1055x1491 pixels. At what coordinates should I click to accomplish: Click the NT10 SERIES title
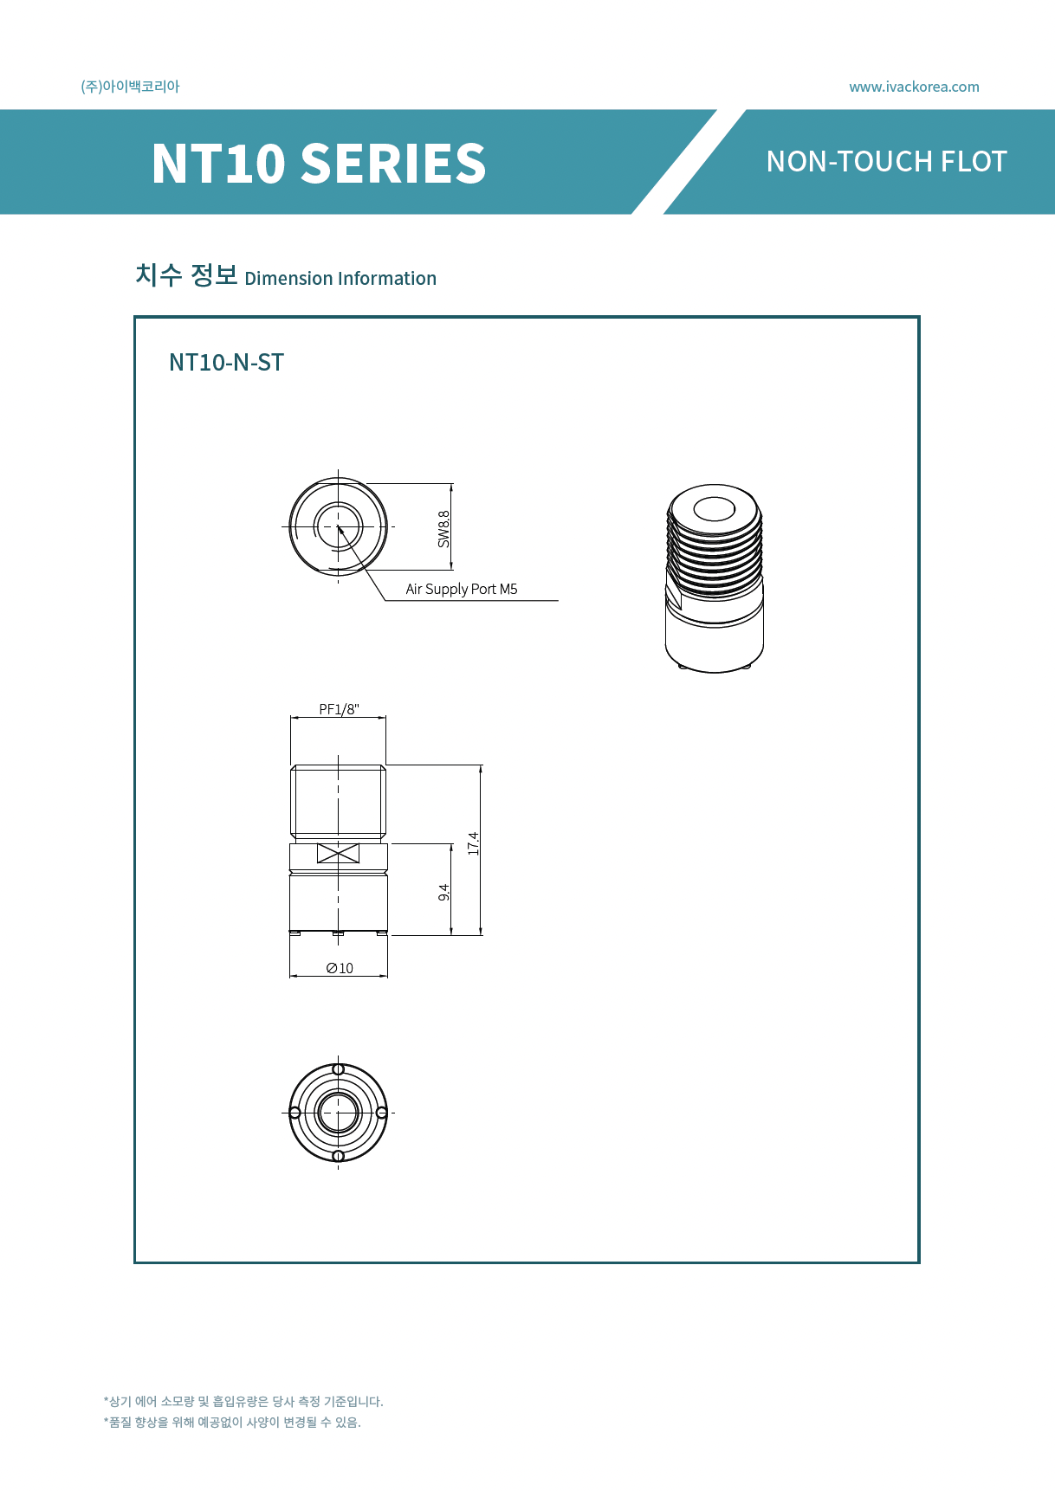point(319,163)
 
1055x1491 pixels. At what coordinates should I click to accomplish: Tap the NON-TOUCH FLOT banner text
point(886,162)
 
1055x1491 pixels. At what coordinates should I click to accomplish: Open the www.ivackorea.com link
point(914,87)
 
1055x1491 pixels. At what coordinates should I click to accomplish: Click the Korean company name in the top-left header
point(130,87)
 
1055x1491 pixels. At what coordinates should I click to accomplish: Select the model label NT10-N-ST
point(226,362)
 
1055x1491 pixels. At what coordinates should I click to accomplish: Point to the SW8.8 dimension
point(443,528)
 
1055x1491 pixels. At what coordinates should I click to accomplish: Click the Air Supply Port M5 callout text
point(462,589)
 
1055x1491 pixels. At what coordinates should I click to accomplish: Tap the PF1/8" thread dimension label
point(339,709)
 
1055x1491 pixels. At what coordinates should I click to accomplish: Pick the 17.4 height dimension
point(473,843)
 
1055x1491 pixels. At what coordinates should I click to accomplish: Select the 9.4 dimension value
point(443,892)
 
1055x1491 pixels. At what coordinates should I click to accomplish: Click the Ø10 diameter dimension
point(340,968)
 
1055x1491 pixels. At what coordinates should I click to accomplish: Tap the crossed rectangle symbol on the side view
point(338,853)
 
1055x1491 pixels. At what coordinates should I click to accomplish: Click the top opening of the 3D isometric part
point(715,509)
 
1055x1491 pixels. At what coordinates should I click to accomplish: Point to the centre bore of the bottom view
point(338,1112)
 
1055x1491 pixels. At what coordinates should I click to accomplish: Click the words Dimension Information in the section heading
point(340,279)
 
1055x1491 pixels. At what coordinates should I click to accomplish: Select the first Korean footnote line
point(243,1401)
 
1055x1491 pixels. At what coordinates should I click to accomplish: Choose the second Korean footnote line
point(232,1422)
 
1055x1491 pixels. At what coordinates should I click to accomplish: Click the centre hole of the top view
point(338,526)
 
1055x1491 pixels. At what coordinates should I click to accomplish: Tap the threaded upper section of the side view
point(338,801)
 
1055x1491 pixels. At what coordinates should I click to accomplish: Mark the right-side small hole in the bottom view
point(381,1112)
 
